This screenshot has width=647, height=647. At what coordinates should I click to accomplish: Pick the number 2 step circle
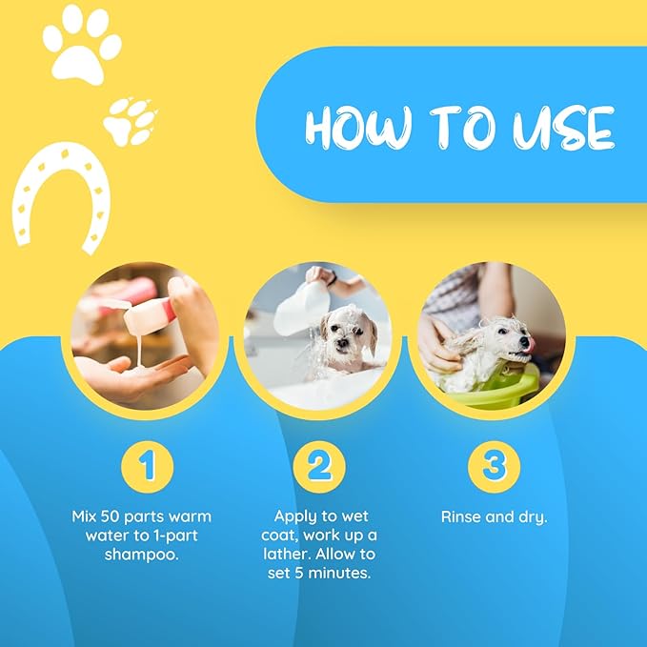coord(318,467)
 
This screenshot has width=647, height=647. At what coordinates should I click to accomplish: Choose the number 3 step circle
coord(493,467)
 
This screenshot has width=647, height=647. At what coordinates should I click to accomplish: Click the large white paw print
coord(82,45)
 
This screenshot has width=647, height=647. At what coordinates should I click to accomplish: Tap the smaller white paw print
coord(131,121)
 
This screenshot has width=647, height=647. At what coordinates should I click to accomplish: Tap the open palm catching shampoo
coord(129,377)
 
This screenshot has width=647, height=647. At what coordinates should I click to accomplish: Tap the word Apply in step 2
coord(295,516)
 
